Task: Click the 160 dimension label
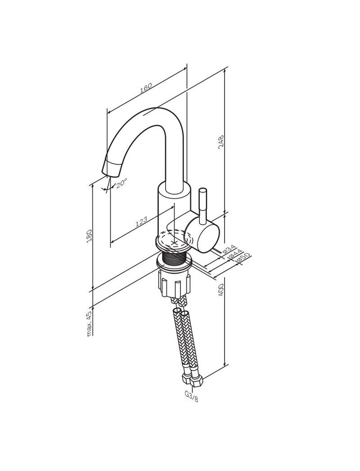click(x=146, y=87)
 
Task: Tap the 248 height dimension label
click(x=221, y=142)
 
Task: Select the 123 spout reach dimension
click(x=141, y=221)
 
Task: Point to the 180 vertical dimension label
click(x=89, y=237)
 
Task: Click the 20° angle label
click(x=121, y=183)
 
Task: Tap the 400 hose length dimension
click(x=221, y=290)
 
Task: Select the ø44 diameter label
click(x=235, y=254)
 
